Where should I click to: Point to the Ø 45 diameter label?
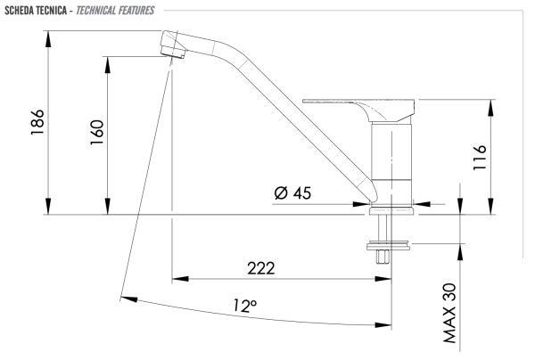[293, 192]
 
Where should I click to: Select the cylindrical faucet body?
[392, 160]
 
